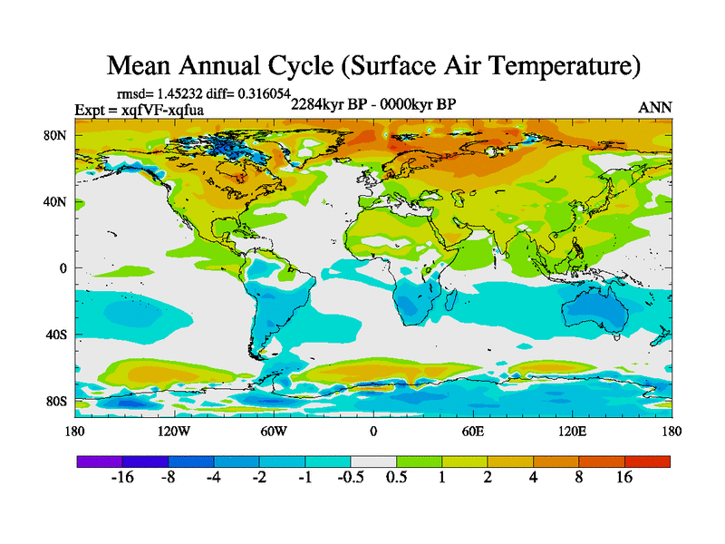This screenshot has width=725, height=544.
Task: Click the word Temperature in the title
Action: [x=544, y=66]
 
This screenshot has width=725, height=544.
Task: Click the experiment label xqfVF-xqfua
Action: [x=166, y=110]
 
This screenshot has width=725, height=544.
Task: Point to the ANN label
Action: [x=655, y=107]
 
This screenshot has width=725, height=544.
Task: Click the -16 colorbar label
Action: [x=122, y=479]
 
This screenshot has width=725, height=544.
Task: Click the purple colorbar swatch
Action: [x=100, y=461]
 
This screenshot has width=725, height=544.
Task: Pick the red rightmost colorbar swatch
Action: [x=647, y=461]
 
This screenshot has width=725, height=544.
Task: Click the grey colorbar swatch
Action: [x=373, y=461]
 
